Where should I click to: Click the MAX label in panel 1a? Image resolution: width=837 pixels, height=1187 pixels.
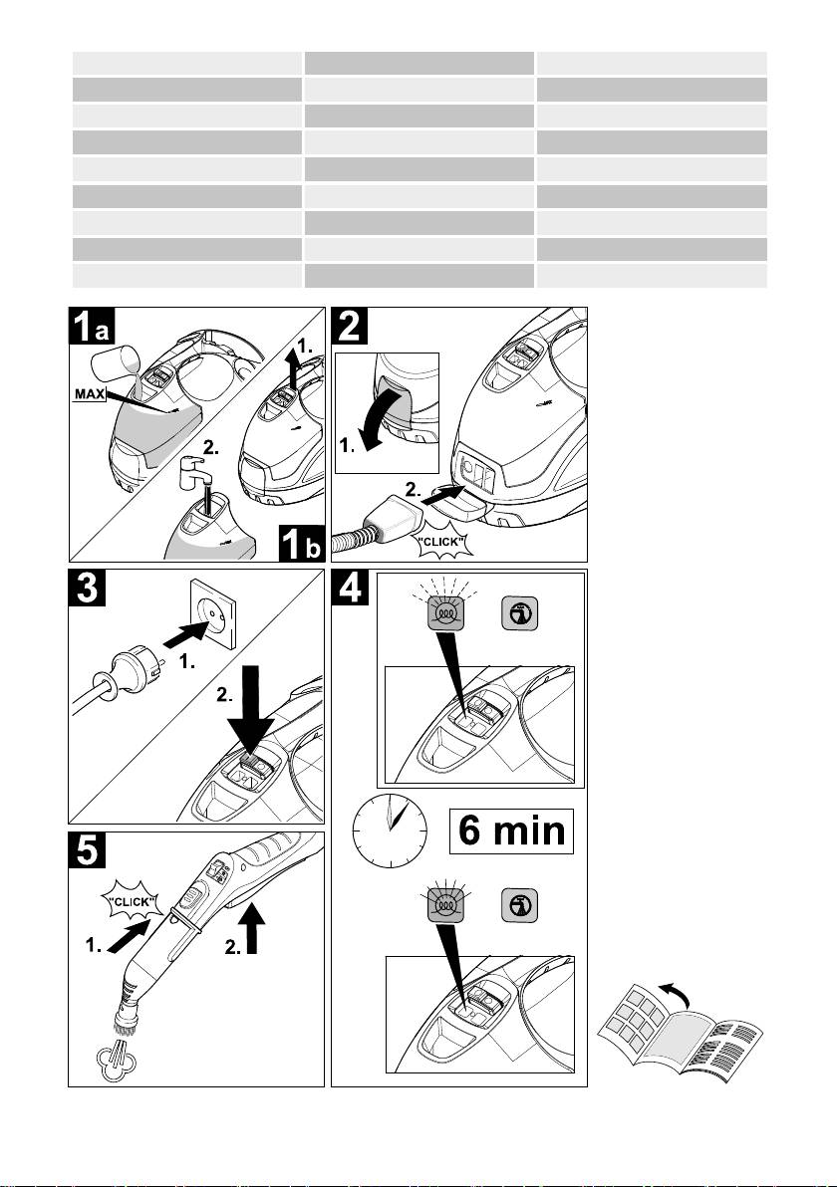pos(90,394)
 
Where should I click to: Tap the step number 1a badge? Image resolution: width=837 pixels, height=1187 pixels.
pos(93,327)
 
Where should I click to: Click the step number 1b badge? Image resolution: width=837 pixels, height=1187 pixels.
pos(302,543)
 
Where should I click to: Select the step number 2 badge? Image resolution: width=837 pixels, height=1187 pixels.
pos(350,327)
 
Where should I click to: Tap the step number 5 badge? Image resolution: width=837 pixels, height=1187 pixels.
pos(87,850)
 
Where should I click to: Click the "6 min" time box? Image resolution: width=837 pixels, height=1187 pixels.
pos(511,831)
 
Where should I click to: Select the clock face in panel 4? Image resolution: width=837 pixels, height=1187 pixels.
pos(390,831)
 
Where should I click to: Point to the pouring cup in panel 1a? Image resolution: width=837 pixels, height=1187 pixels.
pos(113,364)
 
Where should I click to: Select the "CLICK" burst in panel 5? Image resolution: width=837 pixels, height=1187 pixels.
pos(133,901)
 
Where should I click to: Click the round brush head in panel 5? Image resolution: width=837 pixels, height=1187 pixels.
pos(126,1019)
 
